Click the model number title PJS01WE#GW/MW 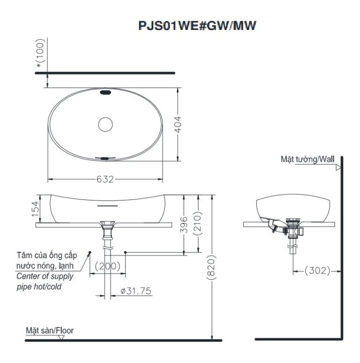pyautogui.click(x=197, y=26)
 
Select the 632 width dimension pyautogui.click(x=105, y=179)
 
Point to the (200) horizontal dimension pyautogui.click(x=107, y=267)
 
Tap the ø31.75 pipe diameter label pyautogui.click(x=135, y=291)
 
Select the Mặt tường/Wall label pyautogui.click(x=307, y=159)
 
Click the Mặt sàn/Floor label pyautogui.click(x=49, y=330)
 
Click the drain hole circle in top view pyautogui.click(x=105, y=124)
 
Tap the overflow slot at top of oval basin pyautogui.click(x=105, y=93)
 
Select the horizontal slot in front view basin pyautogui.click(x=106, y=205)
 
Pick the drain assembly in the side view pyautogui.click(x=293, y=232)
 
